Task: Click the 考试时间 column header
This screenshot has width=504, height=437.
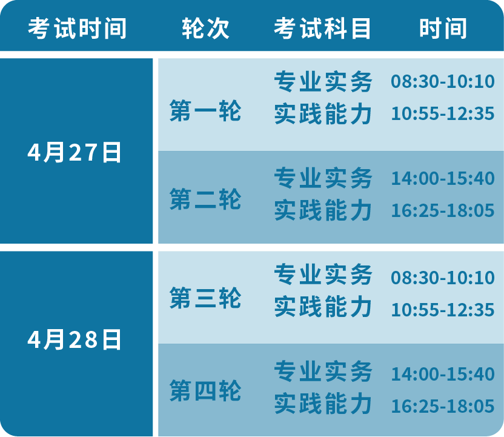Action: click(x=77, y=28)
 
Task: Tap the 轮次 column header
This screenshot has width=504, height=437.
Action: click(x=206, y=28)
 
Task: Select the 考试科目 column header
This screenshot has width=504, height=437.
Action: click(x=322, y=28)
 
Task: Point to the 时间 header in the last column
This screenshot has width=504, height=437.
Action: click(x=443, y=28)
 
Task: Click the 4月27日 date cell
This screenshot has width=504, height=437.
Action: click(x=75, y=152)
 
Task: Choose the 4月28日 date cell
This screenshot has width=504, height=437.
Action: click(x=75, y=339)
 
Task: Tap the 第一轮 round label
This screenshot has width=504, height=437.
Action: click(x=205, y=111)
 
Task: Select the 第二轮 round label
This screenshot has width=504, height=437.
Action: click(x=205, y=199)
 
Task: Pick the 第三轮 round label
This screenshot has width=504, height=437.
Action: click(x=205, y=298)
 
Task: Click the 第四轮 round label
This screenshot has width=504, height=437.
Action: click(x=205, y=390)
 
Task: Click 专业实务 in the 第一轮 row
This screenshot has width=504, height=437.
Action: click(x=323, y=81)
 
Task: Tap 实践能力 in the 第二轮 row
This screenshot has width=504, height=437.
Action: click(x=323, y=210)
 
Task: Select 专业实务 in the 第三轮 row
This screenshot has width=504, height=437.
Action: click(x=323, y=275)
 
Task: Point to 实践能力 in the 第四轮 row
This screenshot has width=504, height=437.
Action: click(x=323, y=403)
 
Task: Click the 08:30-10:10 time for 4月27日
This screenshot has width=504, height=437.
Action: click(x=443, y=81)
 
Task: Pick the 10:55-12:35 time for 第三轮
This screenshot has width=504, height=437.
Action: click(x=443, y=310)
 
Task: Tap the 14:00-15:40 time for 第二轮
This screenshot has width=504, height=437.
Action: click(x=443, y=178)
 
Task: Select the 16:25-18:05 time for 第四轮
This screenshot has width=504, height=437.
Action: click(x=443, y=406)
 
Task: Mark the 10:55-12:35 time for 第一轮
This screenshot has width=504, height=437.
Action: click(x=443, y=113)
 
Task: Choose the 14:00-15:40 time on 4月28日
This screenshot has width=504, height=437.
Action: click(x=443, y=374)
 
